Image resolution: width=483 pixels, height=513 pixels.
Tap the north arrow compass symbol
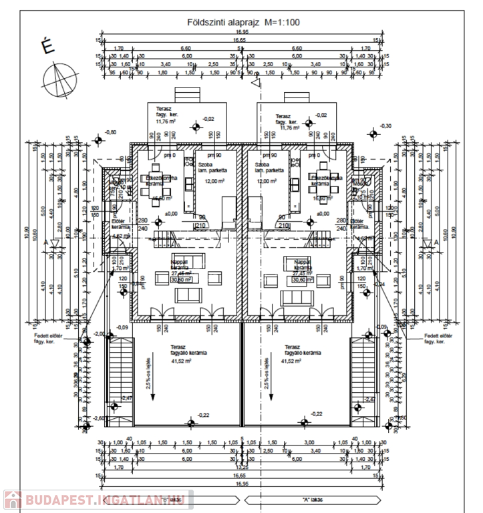pyautogui.click(x=61, y=81)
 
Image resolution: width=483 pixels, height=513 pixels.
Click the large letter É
pyautogui.click(x=48, y=47)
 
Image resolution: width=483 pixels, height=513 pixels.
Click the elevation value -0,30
pyautogui.click(x=385, y=126)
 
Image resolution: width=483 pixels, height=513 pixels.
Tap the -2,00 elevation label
pyautogui.click(x=98, y=333)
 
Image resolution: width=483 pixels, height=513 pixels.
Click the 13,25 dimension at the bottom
pyautogui.click(x=243, y=467)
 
